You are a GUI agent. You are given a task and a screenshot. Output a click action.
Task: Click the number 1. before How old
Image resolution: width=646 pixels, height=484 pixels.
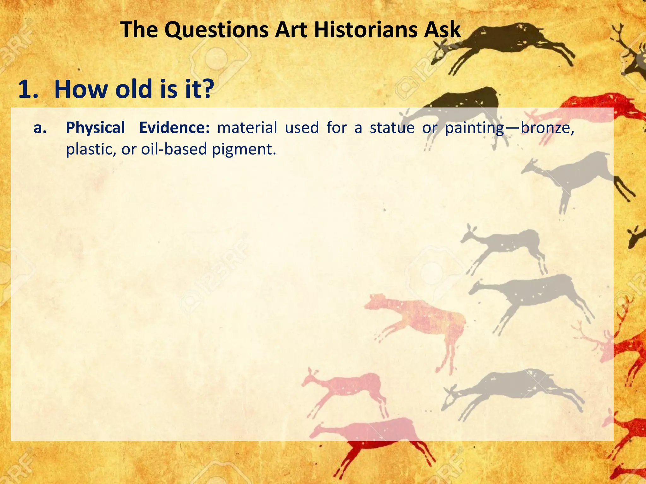pos(28,89)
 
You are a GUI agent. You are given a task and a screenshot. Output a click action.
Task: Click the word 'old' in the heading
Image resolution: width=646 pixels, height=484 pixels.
pos(133,89)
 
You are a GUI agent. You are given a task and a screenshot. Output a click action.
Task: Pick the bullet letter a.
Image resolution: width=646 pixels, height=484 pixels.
pos(40,128)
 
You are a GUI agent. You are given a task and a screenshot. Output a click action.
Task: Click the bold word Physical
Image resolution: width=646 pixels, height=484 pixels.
pos(95,128)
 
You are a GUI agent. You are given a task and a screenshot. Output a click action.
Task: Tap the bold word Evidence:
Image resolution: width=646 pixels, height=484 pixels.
pos(174,128)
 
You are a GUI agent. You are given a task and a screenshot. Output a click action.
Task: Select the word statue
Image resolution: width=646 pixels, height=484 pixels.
pos(392,128)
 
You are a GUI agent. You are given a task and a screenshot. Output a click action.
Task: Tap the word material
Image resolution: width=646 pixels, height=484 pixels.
pos(247,128)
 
